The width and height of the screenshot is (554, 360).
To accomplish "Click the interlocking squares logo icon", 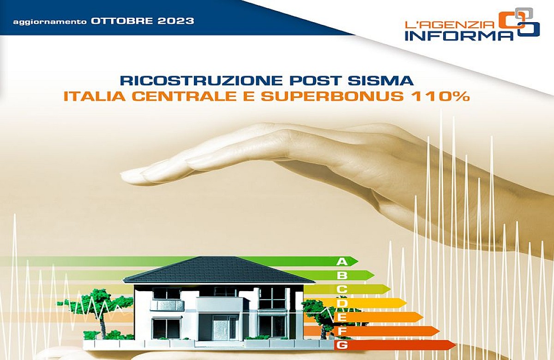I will pyautogui.click(x=519, y=23).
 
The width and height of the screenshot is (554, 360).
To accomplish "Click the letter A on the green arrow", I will pyautogui.click(x=342, y=262).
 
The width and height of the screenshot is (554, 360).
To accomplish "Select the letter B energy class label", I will pyautogui.click(x=342, y=276).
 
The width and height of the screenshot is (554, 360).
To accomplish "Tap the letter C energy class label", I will pyautogui.click(x=342, y=289).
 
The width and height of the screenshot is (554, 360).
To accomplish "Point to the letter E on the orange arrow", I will pyautogui.click(x=342, y=317).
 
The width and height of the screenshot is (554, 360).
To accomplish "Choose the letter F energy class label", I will pyautogui.click(x=342, y=331).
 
